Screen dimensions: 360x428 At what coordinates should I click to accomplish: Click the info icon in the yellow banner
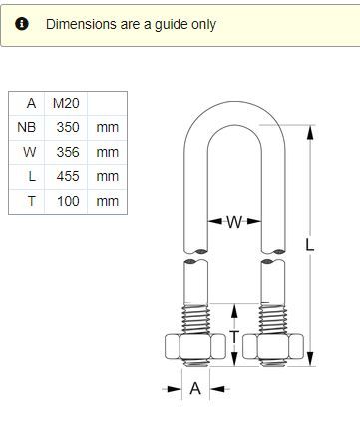[x=22, y=24]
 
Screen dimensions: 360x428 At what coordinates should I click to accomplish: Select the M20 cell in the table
[x=66, y=103]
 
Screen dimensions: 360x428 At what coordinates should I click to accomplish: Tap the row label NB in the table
[x=26, y=127]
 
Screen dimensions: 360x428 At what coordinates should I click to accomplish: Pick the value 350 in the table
[x=68, y=127]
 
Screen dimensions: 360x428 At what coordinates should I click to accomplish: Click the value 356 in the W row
[x=68, y=152]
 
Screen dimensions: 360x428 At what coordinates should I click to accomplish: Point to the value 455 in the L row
[x=68, y=176]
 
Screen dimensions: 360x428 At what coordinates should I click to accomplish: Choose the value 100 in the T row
[x=68, y=201]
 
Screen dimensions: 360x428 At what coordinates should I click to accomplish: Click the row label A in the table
[x=31, y=103]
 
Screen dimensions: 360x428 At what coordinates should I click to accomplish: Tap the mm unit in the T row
[x=107, y=201]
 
